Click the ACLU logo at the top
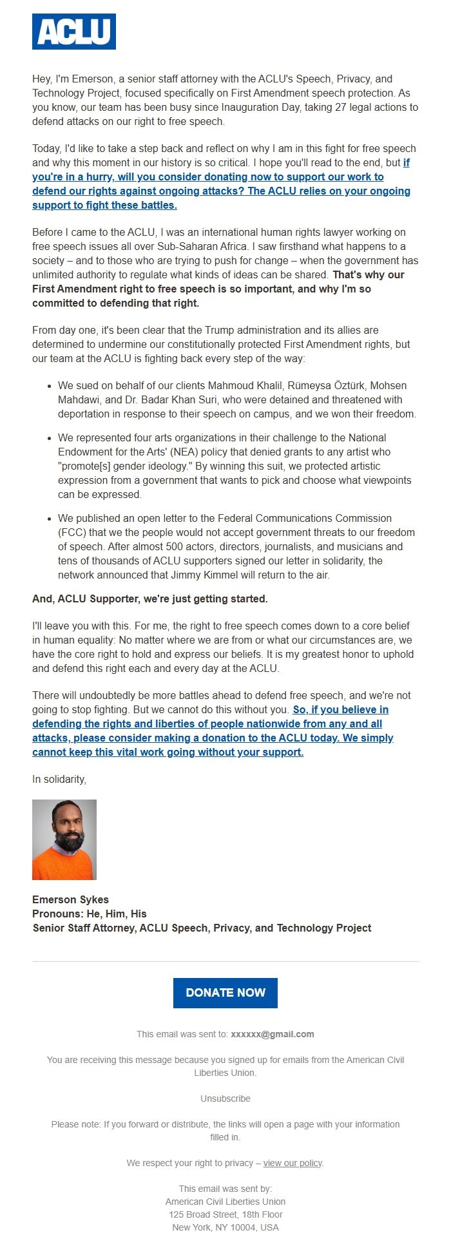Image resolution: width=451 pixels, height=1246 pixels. pos(74,32)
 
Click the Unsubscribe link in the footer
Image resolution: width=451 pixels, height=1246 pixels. pos(225,1098)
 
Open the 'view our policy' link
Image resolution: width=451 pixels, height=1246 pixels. pos(293,1163)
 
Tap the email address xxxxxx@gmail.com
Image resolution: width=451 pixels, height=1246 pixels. pos(273,1034)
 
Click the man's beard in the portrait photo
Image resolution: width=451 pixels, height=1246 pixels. pos(69,839)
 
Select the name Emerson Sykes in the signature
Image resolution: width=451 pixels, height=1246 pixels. pos(70,899)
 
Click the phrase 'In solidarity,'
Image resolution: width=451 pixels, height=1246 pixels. pos(59,779)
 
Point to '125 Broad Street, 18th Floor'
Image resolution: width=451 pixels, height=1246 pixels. pos(225,1214)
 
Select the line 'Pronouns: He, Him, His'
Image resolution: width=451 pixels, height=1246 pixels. pos(89,914)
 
